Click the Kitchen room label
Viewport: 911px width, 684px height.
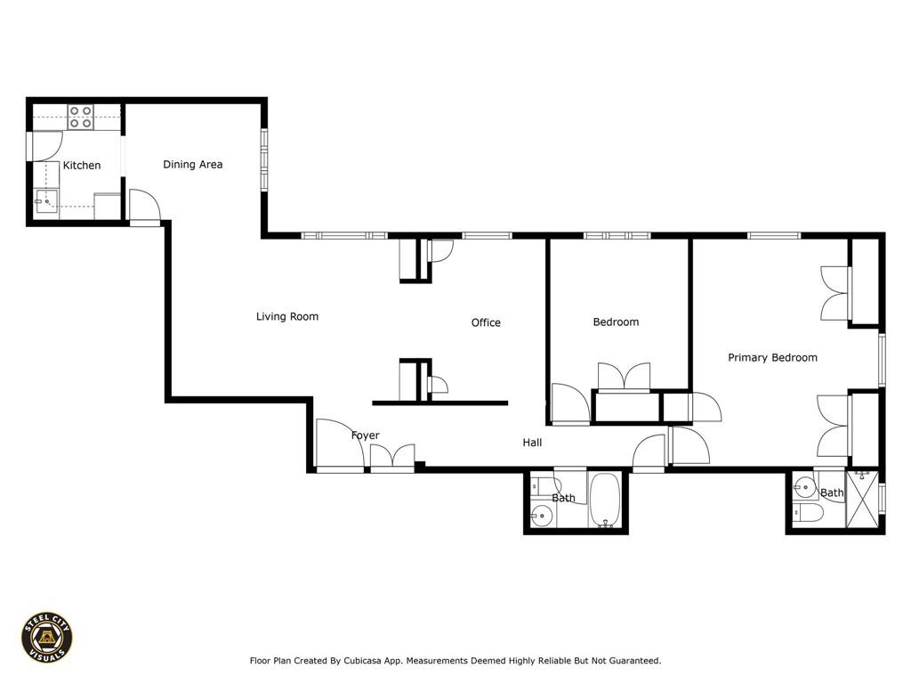pos(82,165)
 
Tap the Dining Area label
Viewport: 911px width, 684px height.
pos(193,165)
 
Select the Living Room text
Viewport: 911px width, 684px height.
pos(287,316)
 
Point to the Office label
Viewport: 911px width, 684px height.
pos(486,322)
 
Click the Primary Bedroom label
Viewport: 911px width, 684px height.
pos(773,358)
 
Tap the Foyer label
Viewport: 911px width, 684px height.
pos(366,436)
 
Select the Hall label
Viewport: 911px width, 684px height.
pos(532,443)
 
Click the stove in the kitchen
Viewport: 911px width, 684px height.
pos(80,117)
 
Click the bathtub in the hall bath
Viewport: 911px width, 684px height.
pos(605,501)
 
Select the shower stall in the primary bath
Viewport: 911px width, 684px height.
pos(863,500)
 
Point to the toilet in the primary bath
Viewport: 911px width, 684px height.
pos(808,512)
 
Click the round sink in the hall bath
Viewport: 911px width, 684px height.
pos(542,515)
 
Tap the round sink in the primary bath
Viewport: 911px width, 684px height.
pos(805,487)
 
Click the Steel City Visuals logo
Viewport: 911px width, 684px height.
pos(47,638)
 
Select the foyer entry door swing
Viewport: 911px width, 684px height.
pos(341,442)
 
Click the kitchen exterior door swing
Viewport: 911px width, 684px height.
pos(45,147)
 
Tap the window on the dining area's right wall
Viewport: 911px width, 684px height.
pos(264,159)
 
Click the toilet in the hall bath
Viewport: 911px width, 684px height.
pos(546,484)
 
